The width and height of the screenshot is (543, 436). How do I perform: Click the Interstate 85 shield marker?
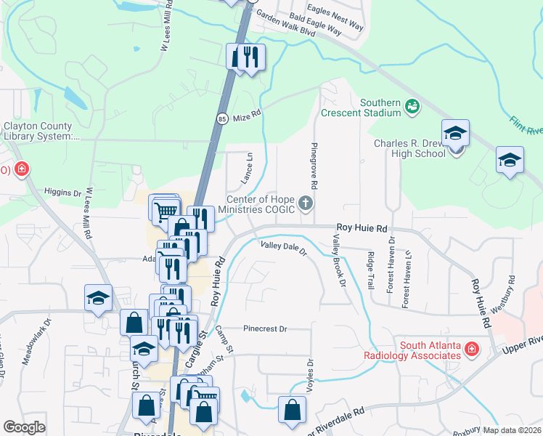click(221, 117)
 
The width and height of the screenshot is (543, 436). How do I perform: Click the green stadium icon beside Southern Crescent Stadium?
click(412, 107)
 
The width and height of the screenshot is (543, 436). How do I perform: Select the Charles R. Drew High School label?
click(409, 148)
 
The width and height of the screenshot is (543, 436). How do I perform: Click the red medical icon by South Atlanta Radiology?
click(471, 350)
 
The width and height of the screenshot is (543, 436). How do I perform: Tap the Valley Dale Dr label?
click(285, 249)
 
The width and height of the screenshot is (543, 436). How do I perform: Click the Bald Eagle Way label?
click(314, 23)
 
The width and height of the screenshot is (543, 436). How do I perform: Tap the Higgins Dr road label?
click(62, 193)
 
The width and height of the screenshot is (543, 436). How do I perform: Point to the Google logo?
click(24, 427)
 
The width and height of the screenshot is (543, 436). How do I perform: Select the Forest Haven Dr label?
click(390, 264)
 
